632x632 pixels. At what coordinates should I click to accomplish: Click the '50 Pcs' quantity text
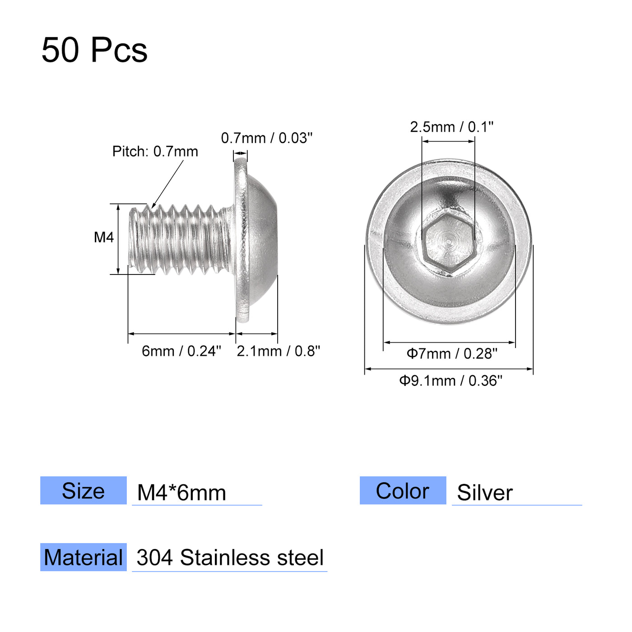94,50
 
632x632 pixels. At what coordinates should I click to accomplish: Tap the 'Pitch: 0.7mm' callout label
155,152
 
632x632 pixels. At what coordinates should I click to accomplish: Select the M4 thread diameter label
103,237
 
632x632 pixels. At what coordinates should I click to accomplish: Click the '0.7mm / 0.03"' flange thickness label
266,138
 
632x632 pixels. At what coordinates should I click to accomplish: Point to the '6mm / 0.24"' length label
181,351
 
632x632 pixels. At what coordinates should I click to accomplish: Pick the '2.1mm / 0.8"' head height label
278,351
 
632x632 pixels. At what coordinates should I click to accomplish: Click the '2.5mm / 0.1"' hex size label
451,127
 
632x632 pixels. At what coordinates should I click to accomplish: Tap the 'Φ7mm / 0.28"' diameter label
451,353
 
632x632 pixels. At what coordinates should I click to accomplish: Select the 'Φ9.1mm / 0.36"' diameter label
450,381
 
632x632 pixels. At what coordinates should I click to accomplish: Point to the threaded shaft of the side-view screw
181,239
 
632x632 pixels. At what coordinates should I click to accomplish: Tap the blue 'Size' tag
84,491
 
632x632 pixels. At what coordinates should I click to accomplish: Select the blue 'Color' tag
403,491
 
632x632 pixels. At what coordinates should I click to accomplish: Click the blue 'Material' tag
84,558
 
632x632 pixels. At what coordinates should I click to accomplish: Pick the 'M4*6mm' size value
181,493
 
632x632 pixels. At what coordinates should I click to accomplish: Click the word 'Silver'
484,493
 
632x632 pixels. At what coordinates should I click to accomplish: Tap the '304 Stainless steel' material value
230,558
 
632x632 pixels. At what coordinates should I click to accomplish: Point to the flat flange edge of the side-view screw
241,239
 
